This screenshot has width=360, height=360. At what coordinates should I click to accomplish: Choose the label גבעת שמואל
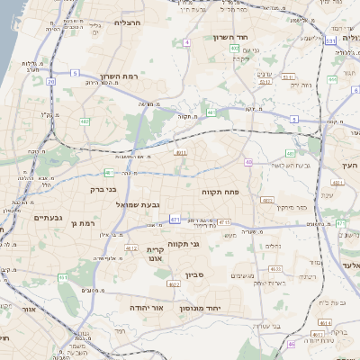[x=138, y=205]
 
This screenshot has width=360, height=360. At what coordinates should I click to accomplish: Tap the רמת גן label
[x=80, y=222]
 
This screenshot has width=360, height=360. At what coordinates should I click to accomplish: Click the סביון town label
[x=197, y=274]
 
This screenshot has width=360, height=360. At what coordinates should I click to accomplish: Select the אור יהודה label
[x=146, y=307]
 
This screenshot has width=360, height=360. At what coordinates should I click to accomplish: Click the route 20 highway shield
[x=51, y=82]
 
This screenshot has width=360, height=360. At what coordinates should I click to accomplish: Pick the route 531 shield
[x=331, y=40]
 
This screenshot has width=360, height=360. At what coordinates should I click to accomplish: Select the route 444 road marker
[x=332, y=79]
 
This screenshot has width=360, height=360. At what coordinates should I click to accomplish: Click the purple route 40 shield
[x=248, y=162]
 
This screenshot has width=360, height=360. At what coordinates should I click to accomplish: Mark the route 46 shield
[x=291, y=344]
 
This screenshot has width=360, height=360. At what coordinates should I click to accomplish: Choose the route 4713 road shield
[x=223, y=221]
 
